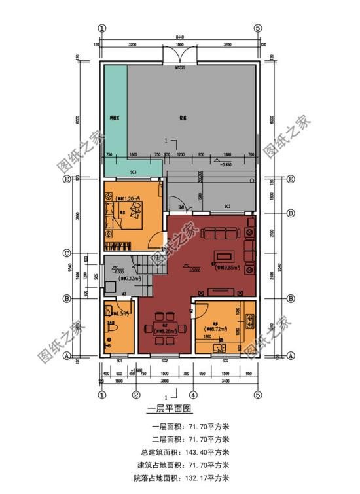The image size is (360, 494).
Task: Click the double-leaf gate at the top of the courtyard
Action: click(180, 56)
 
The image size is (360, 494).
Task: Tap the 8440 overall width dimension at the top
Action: click(180, 37)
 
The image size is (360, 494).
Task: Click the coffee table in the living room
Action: click(225, 255)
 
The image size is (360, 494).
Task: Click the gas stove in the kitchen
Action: click(250, 321)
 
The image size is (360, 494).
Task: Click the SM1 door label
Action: click(181, 207)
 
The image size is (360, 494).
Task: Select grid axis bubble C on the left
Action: click(66, 253)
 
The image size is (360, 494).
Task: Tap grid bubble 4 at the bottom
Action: click(193, 395)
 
